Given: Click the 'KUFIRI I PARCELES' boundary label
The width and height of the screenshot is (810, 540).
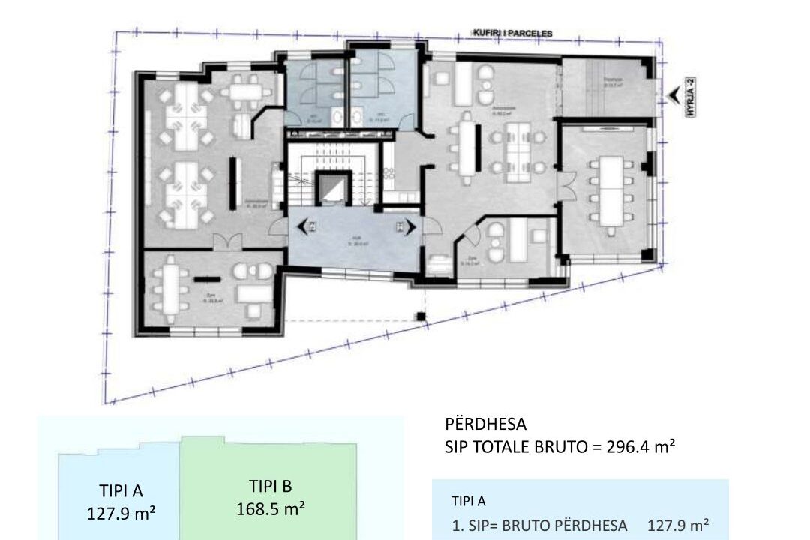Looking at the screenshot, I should (x=513, y=34).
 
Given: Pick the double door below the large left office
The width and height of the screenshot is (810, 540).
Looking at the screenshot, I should (x=227, y=241).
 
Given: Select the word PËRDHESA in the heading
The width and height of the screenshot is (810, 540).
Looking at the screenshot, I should (x=485, y=425).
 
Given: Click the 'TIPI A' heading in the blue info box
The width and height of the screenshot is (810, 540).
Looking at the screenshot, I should (x=469, y=501).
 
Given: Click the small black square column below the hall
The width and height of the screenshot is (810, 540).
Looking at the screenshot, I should (x=421, y=316).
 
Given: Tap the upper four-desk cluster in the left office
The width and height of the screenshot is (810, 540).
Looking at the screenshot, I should (x=182, y=117).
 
